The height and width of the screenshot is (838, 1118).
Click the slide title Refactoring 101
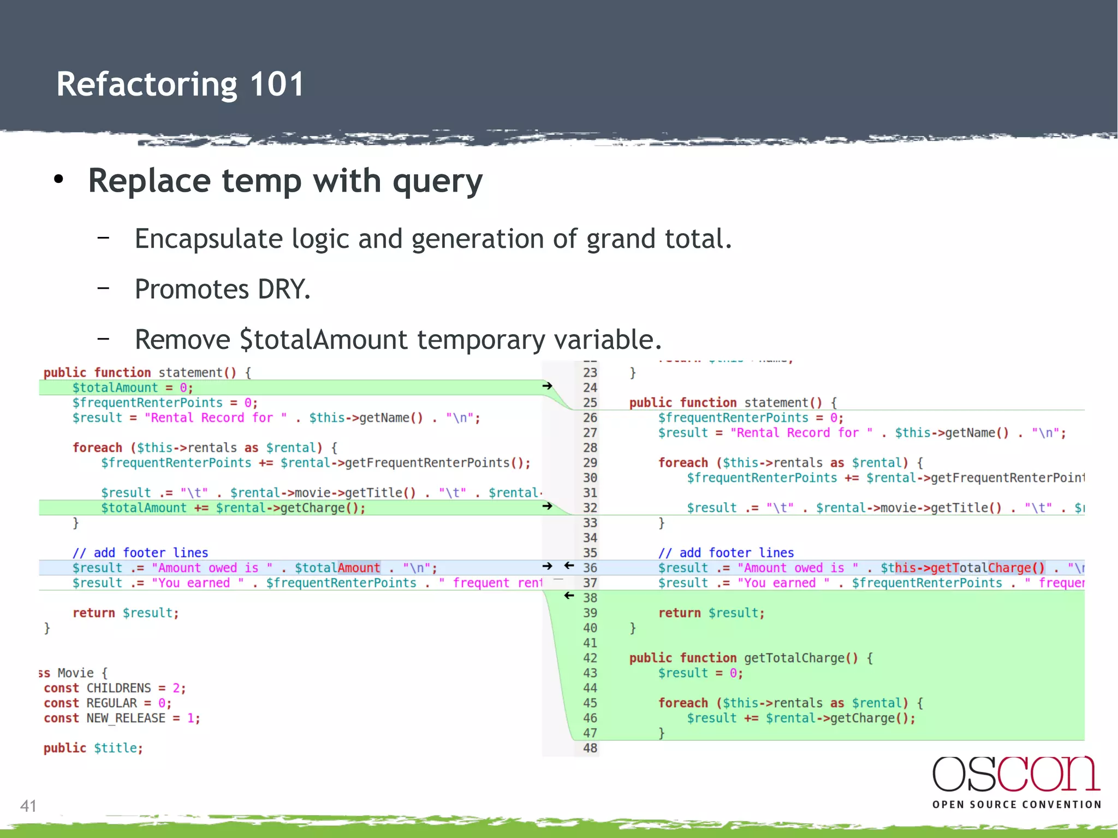tap(180, 85)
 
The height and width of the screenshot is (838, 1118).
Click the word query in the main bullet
tap(437, 181)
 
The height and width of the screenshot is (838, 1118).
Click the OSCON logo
tap(1016, 775)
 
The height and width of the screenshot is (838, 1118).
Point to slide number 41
tap(28, 806)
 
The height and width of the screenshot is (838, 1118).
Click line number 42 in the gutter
tap(590, 658)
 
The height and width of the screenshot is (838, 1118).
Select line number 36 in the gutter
tap(590, 568)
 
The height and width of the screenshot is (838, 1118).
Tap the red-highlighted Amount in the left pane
tap(359, 568)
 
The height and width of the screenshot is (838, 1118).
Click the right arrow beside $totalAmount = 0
tap(547, 386)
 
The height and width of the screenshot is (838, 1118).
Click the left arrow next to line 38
tap(569, 596)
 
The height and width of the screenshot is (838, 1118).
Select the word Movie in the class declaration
tap(75, 673)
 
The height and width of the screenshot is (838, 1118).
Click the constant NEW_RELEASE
tap(126, 718)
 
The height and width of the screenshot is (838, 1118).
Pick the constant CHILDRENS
tap(118, 688)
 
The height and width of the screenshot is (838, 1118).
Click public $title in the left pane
tap(93, 748)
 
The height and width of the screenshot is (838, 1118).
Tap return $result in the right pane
tap(711, 613)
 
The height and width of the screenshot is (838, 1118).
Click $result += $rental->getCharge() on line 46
tap(800, 718)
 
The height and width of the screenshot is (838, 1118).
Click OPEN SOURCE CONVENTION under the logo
tap(1016, 805)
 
